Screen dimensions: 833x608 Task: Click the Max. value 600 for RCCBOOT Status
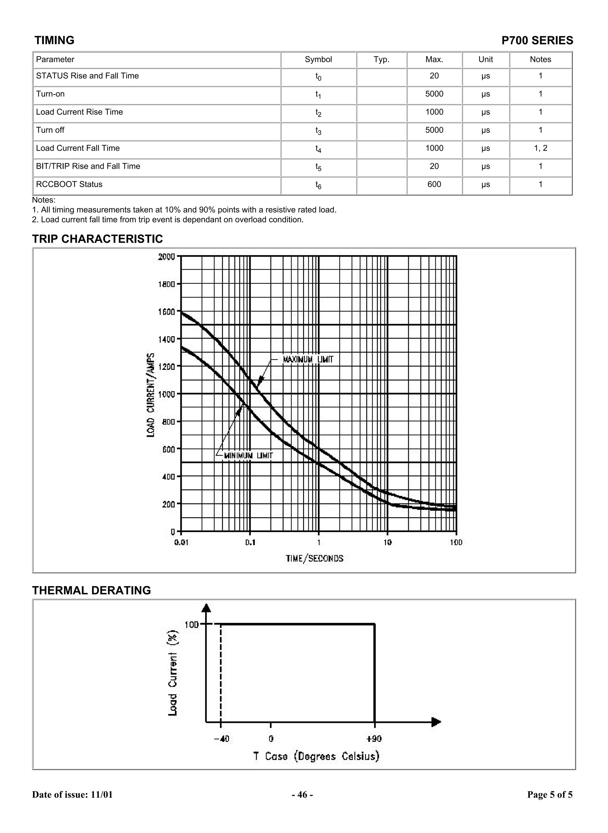pyautogui.click(x=434, y=184)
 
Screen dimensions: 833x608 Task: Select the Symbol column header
pyautogui.click(x=318, y=60)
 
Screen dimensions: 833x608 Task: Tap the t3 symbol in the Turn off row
pyautogui.click(x=318, y=131)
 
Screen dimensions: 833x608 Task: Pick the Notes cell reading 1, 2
pyautogui.click(x=540, y=148)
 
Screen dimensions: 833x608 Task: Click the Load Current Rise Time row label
pyautogui.click(x=80, y=112)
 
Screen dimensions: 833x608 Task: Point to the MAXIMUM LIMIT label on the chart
pyautogui.click(x=308, y=359)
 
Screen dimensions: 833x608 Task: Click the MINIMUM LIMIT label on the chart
pyautogui.click(x=248, y=456)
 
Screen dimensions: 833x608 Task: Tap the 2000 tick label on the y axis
pyautogui.click(x=166, y=256)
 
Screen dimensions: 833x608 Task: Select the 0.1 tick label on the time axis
pyautogui.click(x=250, y=542)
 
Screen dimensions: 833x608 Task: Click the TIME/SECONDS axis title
pyautogui.click(x=314, y=558)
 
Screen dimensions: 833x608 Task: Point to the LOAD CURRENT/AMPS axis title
pyautogui.click(x=151, y=395)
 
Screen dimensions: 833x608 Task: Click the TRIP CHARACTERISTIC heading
pyautogui.click(x=98, y=239)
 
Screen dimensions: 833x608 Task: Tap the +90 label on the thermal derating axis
pyautogui.click(x=374, y=738)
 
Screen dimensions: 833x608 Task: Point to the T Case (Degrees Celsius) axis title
pyautogui.click(x=316, y=756)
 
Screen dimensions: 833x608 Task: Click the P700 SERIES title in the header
pyautogui.click(x=537, y=40)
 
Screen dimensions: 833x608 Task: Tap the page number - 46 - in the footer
pyautogui.click(x=303, y=795)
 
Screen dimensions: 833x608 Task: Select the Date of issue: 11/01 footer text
pyautogui.click(x=72, y=795)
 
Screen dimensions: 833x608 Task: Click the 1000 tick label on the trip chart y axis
pyautogui.click(x=166, y=394)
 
